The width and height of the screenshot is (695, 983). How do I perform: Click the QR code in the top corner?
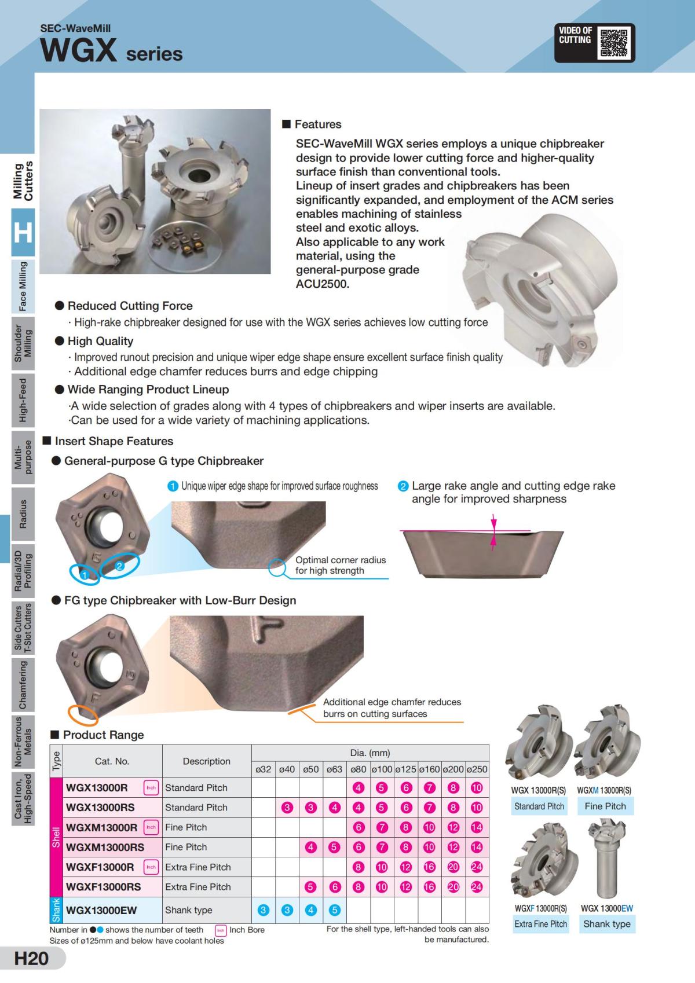[x=614, y=43]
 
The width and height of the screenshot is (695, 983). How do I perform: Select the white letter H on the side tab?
[x=23, y=233]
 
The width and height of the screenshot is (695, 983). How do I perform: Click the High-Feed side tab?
[x=23, y=400]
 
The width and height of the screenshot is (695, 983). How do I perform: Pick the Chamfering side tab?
[x=23, y=685]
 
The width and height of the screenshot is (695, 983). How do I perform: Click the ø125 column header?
[x=405, y=769]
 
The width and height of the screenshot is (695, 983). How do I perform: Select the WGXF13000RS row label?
[x=104, y=886]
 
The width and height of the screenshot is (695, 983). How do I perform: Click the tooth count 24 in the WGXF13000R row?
[x=477, y=867]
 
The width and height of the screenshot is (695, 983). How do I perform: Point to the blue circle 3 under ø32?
[x=264, y=909]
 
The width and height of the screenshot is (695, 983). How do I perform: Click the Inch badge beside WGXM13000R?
[x=151, y=827]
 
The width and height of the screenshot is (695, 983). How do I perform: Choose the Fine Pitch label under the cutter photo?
[x=605, y=806]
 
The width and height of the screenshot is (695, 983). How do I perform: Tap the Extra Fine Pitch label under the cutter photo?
[x=540, y=923]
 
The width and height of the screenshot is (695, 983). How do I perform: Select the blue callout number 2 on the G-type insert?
[x=119, y=566]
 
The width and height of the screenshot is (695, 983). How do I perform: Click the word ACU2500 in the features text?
[x=323, y=284]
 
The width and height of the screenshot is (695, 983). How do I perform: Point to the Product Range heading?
[x=103, y=735]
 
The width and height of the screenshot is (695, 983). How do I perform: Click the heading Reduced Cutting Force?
[x=130, y=306]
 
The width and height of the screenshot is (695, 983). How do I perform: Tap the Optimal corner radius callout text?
[x=340, y=565]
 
